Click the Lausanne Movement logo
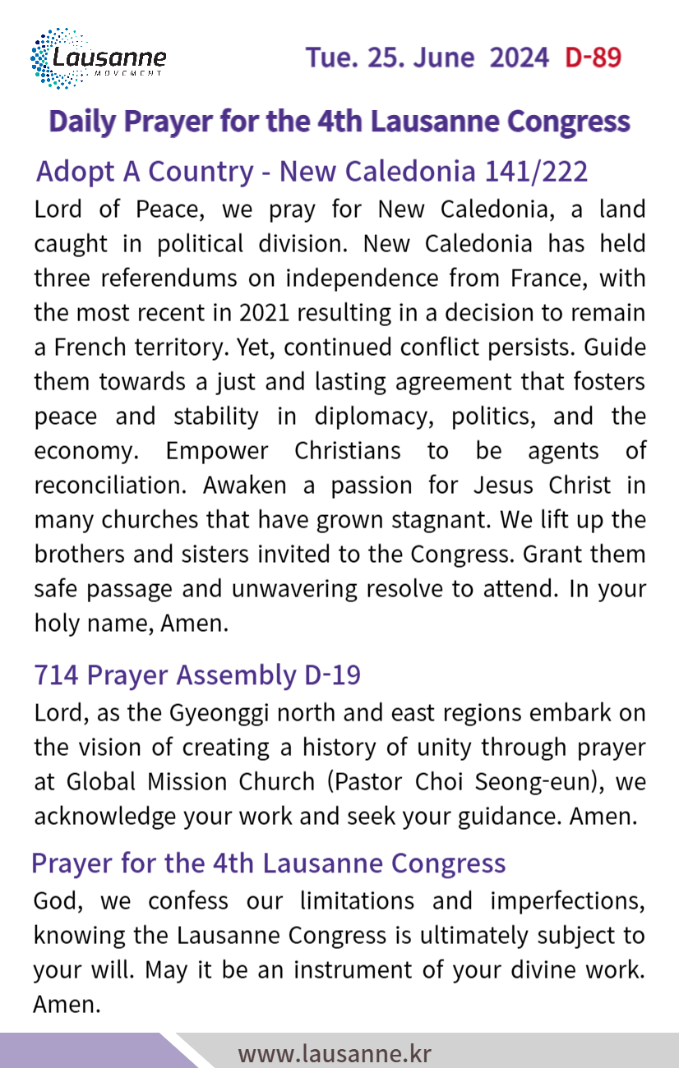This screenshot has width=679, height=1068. [x=98, y=58]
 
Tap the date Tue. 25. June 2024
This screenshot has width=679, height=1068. [x=427, y=58]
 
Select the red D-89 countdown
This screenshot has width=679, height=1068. [x=593, y=58]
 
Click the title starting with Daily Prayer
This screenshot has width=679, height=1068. [x=339, y=121]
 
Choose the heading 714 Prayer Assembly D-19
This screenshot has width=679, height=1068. [x=197, y=674]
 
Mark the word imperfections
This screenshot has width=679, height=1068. [x=567, y=900]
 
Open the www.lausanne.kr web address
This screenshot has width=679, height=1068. [x=335, y=1052]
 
